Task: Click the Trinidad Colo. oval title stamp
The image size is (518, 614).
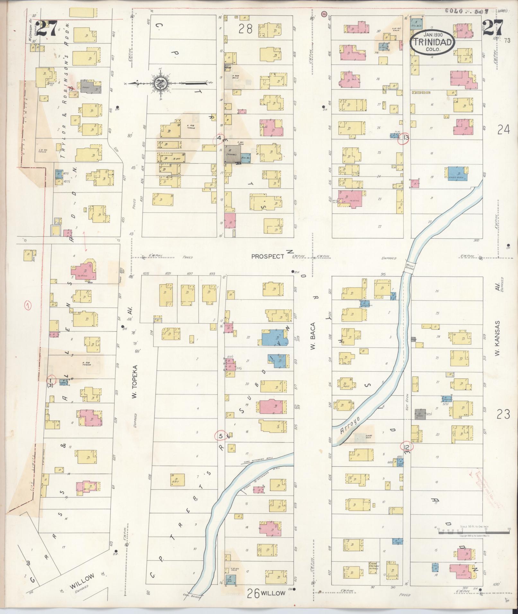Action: (433, 42)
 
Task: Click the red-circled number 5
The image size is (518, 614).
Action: (220, 436)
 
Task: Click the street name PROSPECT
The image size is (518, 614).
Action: (268, 256)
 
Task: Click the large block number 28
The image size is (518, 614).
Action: (246, 29)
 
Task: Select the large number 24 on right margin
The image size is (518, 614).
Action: (503, 130)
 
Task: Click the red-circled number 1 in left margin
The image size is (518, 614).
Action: (29, 306)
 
